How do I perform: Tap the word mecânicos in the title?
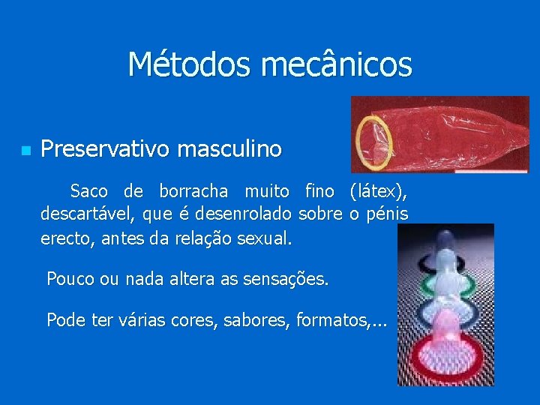[x=336, y=64]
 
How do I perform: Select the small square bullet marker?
[x=25, y=151]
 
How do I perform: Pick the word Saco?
[x=88, y=191]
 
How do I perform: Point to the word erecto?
[x=63, y=239]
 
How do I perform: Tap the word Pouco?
[x=70, y=280]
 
